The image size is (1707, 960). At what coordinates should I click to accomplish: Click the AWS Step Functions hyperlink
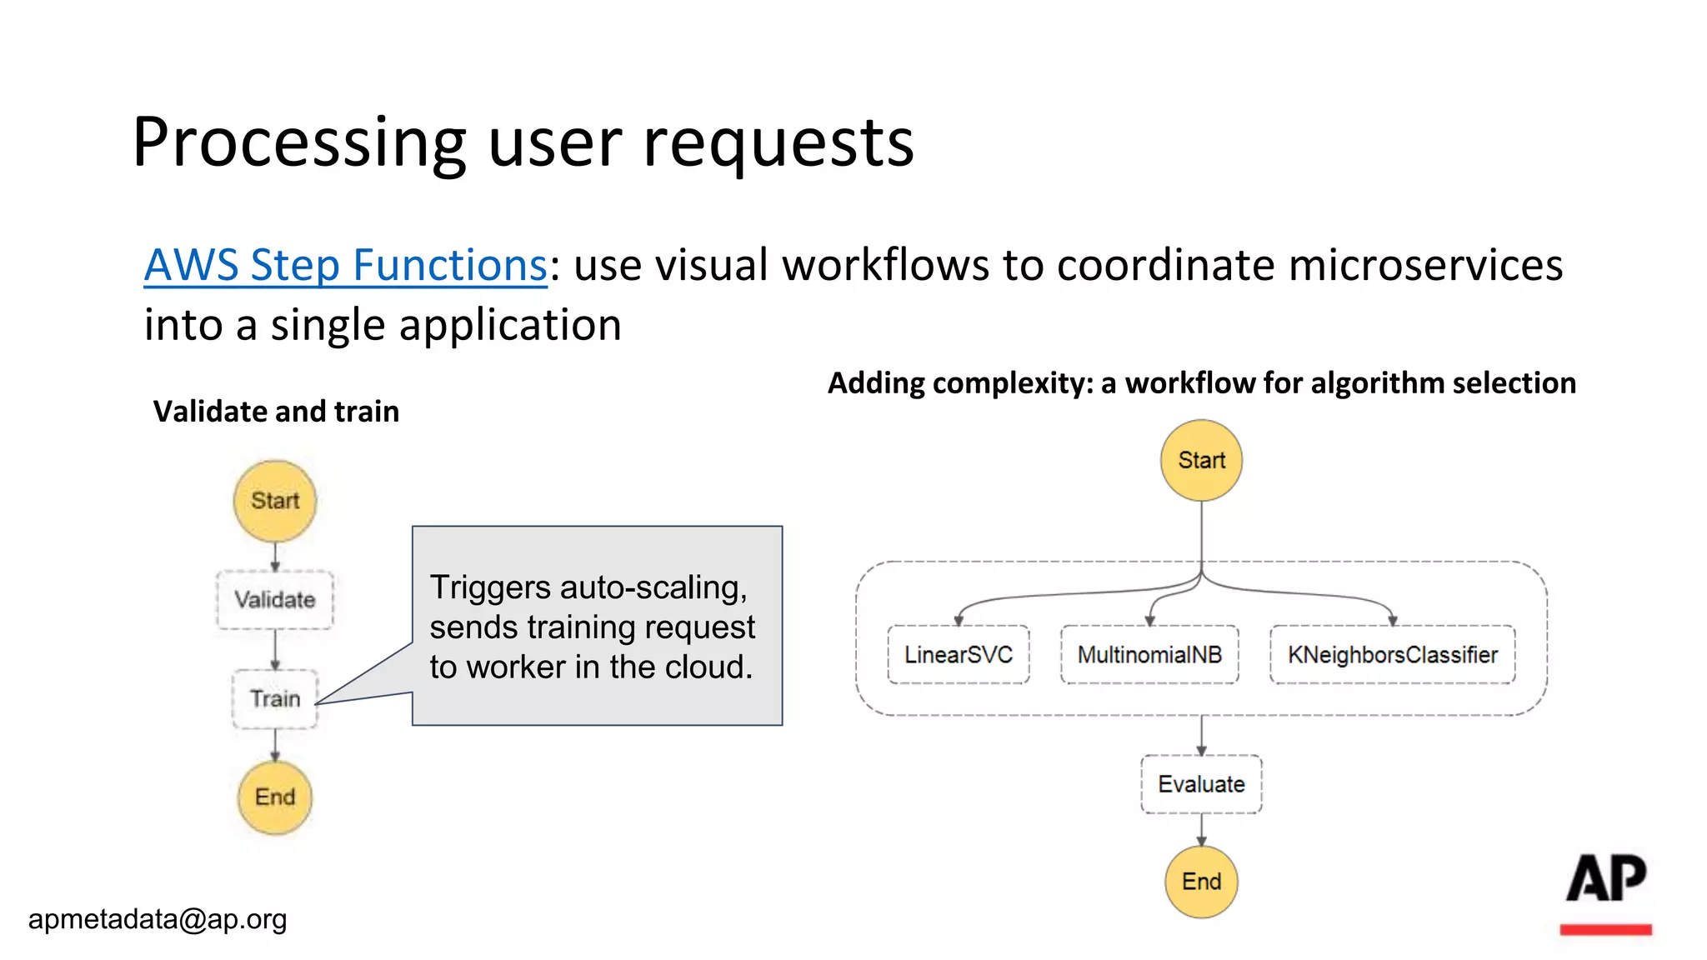pyautogui.click(x=345, y=266)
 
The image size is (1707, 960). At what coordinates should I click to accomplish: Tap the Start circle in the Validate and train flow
pyautogui.click(x=275, y=501)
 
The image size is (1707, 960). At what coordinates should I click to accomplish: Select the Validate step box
pyautogui.click(x=275, y=599)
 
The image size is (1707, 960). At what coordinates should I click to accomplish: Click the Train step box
pyautogui.click(x=275, y=698)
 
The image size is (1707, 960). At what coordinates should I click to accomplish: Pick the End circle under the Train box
pyautogui.click(x=275, y=797)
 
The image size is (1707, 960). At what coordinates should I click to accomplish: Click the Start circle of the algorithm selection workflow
pyautogui.click(x=1201, y=460)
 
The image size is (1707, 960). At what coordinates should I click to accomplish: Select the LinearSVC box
pyautogui.click(x=959, y=655)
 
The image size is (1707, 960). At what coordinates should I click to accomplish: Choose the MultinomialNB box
pyautogui.click(x=1149, y=655)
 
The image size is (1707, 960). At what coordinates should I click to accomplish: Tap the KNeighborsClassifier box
pyautogui.click(x=1392, y=655)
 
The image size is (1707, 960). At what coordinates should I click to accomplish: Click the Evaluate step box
pyautogui.click(x=1201, y=784)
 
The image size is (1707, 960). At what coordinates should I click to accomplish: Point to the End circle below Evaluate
pyautogui.click(x=1201, y=882)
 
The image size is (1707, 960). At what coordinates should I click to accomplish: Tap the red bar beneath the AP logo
pyautogui.click(x=1606, y=929)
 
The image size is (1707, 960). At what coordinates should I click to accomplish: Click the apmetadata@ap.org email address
pyautogui.click(x=158, y=919)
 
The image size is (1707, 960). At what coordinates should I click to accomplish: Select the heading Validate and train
pyautogui.click(x=276, y=412)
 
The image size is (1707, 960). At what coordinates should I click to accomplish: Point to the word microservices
pyautogui.click(x=1425, y=266)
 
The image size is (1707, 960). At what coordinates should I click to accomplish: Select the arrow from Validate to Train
pyautogui.click(x=275, y=649)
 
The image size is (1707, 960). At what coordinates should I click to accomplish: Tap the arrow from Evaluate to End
pyautogui.click(x=1201, y=830)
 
